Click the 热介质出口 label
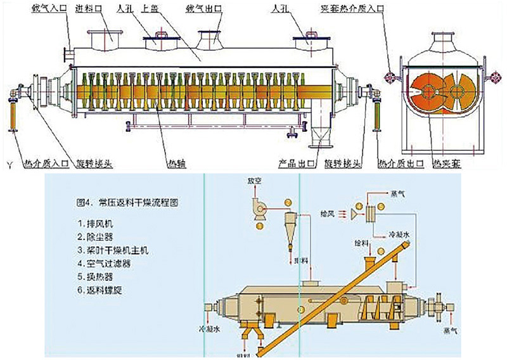click(x=395, y=163)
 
